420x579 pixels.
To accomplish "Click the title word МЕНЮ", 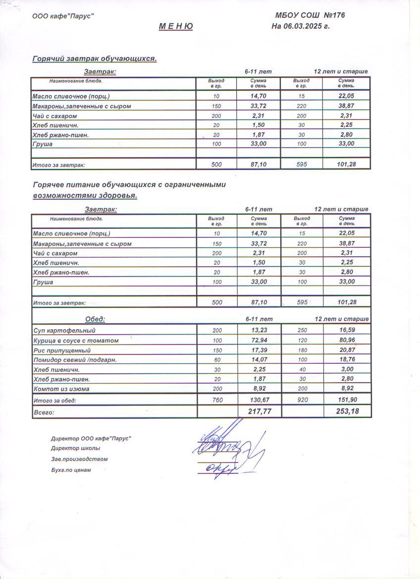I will (176, 26).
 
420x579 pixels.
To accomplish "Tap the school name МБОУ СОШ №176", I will (310, 15).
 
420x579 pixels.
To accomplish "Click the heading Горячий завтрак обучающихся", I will (95, 58).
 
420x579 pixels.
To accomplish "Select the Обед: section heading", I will (95, 319).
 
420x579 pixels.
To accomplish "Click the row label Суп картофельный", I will (64, 330).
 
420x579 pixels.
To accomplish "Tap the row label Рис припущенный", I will (61, 350).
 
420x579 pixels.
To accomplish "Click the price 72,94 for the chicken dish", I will (259, 340).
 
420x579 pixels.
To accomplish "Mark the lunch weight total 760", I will (217, 400).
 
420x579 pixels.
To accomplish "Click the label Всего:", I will (43, 412).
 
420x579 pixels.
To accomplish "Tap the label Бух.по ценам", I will (71, 470).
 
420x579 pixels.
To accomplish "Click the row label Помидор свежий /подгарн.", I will (75, 360).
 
